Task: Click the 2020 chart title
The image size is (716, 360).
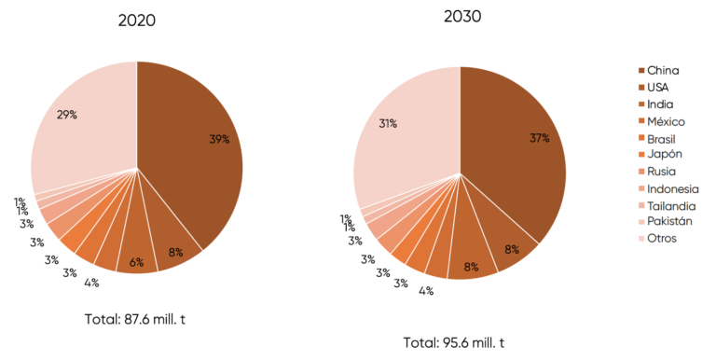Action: coord(136,21)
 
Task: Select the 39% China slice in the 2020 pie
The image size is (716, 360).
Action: coord(200,149)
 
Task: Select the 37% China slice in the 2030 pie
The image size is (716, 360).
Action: coord(522,149)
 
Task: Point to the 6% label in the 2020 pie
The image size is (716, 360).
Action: coord(136,262)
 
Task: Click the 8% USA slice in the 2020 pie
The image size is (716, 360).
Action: coord(175,250)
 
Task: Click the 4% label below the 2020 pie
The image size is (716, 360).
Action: coord(91,284)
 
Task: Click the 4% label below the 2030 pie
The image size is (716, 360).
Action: coord(425,290)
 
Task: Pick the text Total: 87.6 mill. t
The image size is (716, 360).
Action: coord(136,319)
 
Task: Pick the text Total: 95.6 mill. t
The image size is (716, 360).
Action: coord(459,342)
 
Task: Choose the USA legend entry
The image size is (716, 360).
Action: coord(658,88)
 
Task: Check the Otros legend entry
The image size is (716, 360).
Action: coord(661,239)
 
